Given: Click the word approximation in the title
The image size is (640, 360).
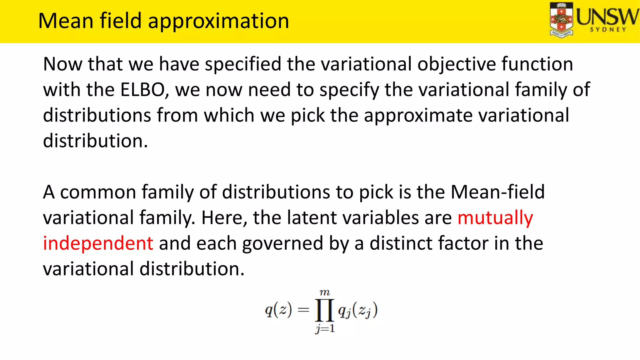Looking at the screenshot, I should [x=218, y=21].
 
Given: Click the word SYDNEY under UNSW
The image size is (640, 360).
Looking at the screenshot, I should [x=608, y=30].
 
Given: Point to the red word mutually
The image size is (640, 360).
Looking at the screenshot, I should [x=495, y=218].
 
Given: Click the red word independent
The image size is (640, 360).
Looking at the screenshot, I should [x=98, y=243].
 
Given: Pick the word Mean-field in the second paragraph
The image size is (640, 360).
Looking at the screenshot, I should [x=497, y=192].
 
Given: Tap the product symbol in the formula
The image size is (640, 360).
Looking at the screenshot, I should [x=324, y=310].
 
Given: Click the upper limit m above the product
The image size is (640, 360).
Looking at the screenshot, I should [x=325, y=293].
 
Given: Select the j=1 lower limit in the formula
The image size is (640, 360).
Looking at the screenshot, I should [x=325, y=328].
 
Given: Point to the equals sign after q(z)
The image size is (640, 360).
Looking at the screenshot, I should [x=303, y=310].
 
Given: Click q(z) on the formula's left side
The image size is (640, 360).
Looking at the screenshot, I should [x=278, y=310].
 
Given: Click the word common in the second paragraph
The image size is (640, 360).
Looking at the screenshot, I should [x=98, y=192].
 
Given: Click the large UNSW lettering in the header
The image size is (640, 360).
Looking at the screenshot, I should [x=607, y=17].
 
